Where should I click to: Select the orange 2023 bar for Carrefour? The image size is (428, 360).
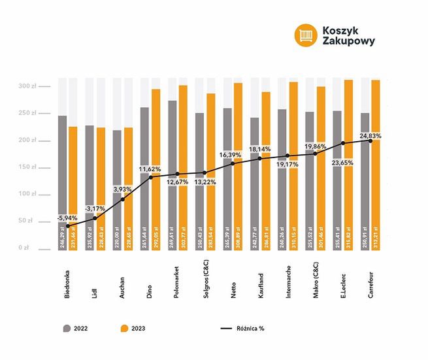[376, 170]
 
